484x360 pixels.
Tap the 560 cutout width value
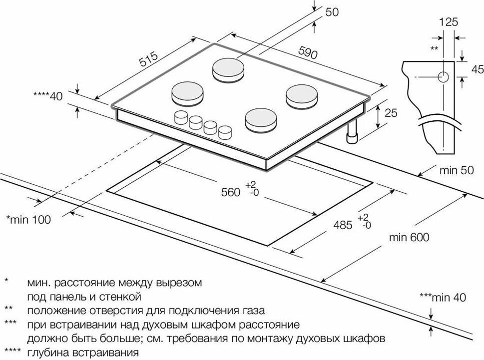click(230, 192)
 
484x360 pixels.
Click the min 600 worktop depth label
click(409, 238)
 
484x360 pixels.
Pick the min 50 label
click(456, 170)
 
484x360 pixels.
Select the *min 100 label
click(28, 220)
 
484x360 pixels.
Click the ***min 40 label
click(442, 298)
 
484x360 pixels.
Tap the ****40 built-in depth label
click(48, 96)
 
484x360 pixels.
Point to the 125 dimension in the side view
click(449, 22)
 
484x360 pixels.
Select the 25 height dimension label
click(392, 114)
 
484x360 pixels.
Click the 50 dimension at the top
click(332, 12)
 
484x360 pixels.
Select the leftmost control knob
click(180, 118)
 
